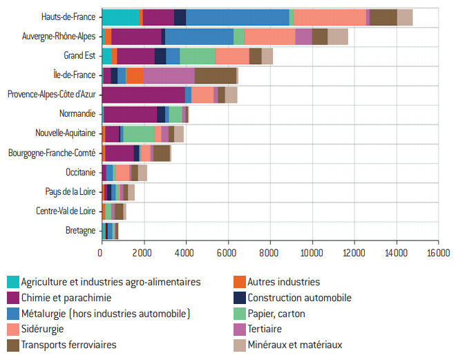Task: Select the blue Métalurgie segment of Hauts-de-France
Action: click(237, 17)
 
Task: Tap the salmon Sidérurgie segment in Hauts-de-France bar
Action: click(330, 17)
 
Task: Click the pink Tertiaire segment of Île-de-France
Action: click(169, 75)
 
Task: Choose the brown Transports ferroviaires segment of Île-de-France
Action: click(216, 75)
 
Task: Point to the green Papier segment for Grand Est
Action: click(198, 56)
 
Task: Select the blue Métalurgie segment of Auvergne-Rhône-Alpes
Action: click(199, 37)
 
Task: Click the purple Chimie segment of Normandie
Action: click(130, 114)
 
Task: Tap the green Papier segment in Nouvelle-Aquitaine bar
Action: click(139, 133)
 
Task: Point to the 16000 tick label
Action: click(438, 254)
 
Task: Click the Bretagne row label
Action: click(80, 230)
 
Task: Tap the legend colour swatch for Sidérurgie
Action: click(13, 330)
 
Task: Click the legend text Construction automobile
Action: click(299, 298)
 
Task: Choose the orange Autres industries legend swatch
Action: click(239, 282)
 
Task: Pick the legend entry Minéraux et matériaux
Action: click(294, 345)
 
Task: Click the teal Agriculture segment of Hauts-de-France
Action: click(120, 17)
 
